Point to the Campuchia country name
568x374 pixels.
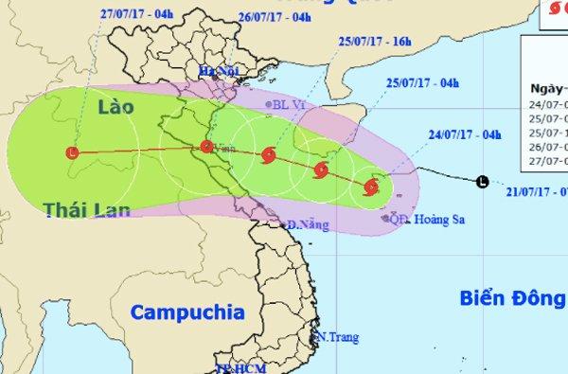pyautogui.click(x=187, y=312)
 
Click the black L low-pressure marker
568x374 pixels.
pyautogui.click(x=484, y=181)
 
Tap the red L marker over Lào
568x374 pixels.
pyautogui.click(x=74, y=151)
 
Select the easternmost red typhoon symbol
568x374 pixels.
pyautogui.click(x=370, y=187)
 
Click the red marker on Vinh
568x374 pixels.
pyautogui.click(x=206, y=146)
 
